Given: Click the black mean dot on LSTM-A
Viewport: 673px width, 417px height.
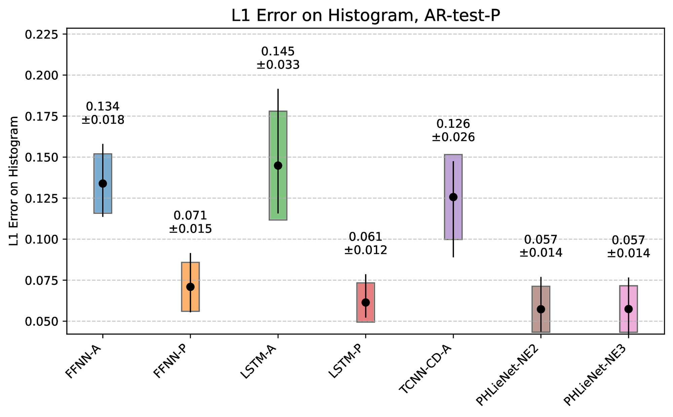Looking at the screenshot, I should coord(278,165).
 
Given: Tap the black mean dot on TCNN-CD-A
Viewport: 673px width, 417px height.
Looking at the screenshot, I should coord(453,197).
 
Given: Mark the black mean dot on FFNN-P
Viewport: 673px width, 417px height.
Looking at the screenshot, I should coord(190,287).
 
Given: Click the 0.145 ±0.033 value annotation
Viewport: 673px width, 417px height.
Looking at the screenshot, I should coord(278,58).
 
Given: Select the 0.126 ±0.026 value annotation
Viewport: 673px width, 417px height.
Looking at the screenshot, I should coord(453,131).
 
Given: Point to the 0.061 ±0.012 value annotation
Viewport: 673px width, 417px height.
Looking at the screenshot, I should coord(366,244).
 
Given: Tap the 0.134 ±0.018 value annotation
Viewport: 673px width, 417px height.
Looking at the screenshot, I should coord(103,113).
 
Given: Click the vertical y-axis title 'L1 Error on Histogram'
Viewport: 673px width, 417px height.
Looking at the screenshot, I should coord(14,181).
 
